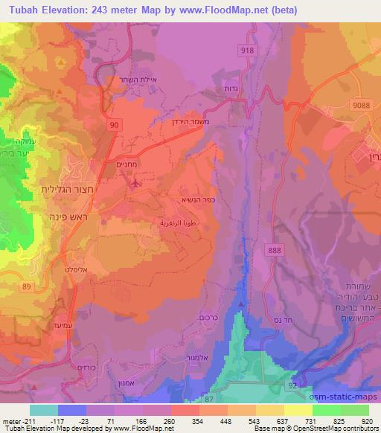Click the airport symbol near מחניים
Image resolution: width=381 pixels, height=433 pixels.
[x=135, y=182]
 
